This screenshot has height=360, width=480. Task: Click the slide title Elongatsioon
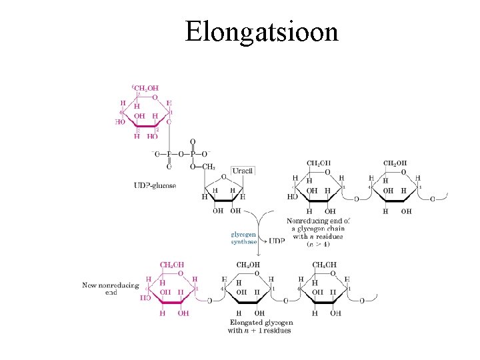coord(261,31)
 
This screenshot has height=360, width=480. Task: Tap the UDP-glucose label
coord(154,185)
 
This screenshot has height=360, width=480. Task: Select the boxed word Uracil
coord(243,171)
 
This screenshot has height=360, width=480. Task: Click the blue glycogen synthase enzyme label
coord(243,238)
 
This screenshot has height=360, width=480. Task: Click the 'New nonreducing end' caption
coord(111,288)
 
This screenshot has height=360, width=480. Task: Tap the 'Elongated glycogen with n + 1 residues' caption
coord(260,326)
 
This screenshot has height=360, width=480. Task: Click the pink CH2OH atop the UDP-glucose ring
coord(145,87)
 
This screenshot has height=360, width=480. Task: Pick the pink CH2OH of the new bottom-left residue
coord(171,265)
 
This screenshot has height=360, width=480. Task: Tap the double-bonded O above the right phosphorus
coord(193,141)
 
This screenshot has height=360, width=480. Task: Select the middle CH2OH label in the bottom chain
coord(248,265)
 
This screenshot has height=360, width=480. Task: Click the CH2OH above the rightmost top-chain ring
coord(395,163)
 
